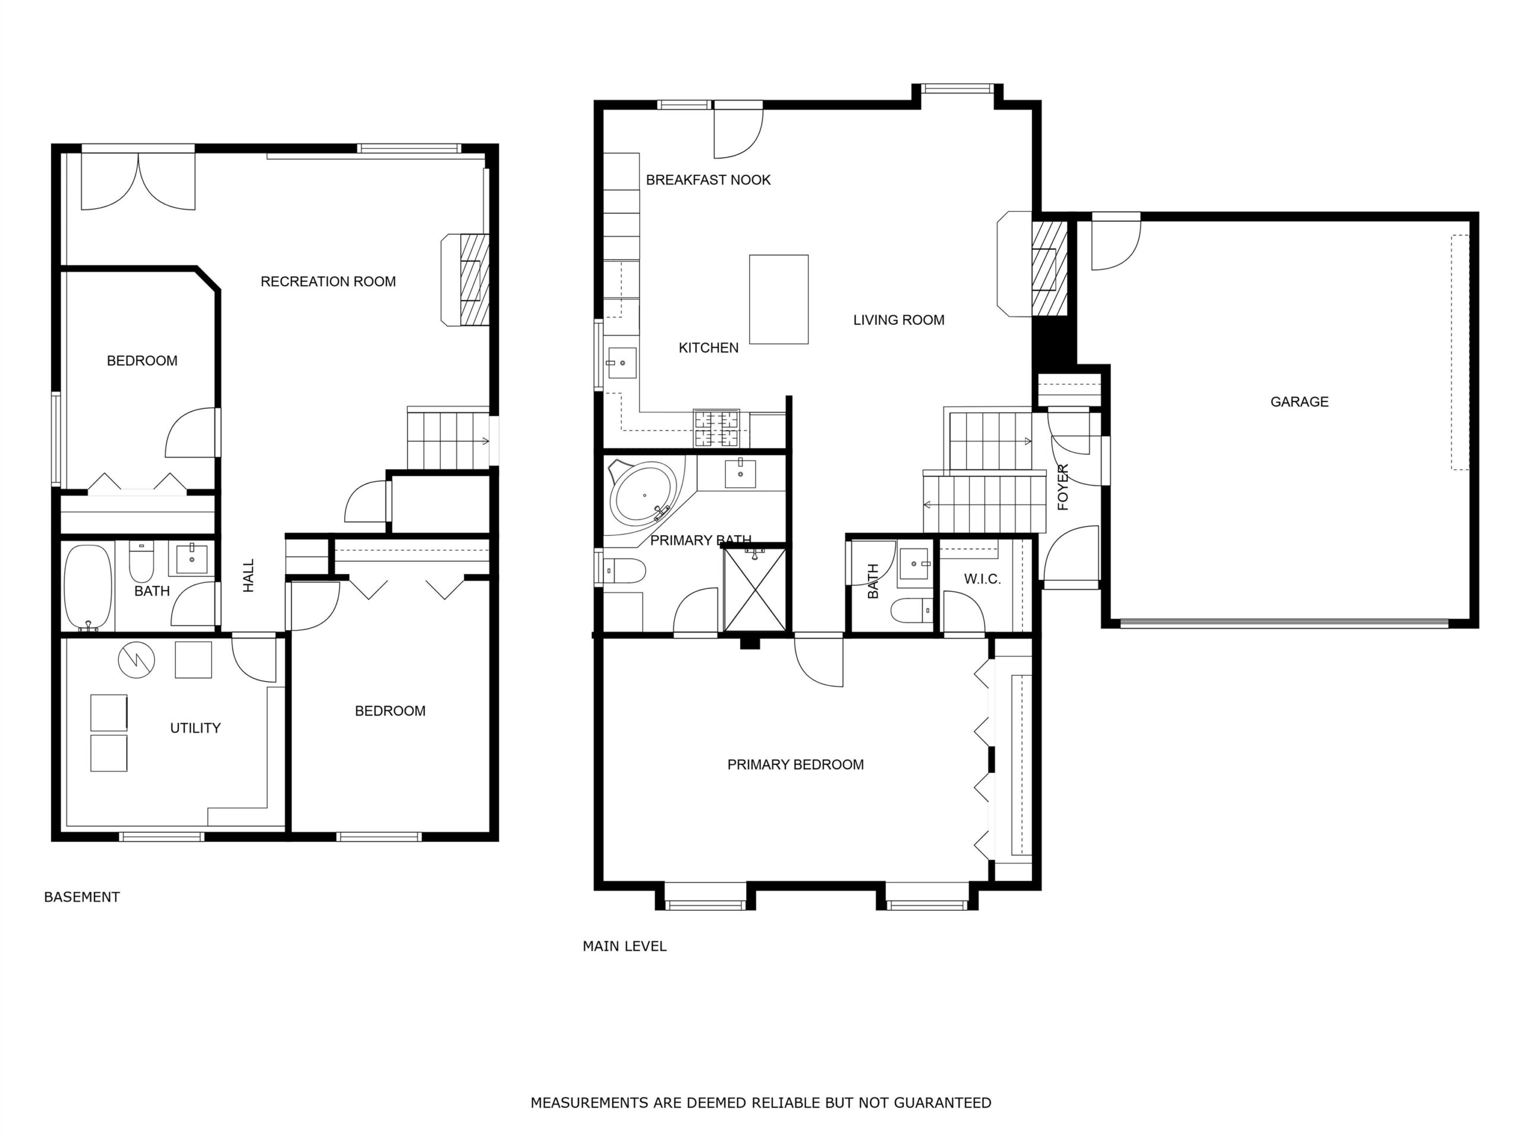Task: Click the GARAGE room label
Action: point(1299,401)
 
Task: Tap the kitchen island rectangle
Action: point(778,299)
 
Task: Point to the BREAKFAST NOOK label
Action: point(708,180)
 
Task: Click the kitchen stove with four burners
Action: point(716,428)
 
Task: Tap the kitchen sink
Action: point(621,363)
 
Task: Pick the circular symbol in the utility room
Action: point(136,660)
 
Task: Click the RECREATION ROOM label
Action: point(328,281)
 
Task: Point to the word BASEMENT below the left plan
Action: point(82,897)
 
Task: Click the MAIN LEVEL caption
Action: point(625,946)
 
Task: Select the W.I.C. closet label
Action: point(982,579)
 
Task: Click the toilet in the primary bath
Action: point(625,570)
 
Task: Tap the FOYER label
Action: point(1063,487)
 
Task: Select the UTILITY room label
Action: point(196,727)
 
